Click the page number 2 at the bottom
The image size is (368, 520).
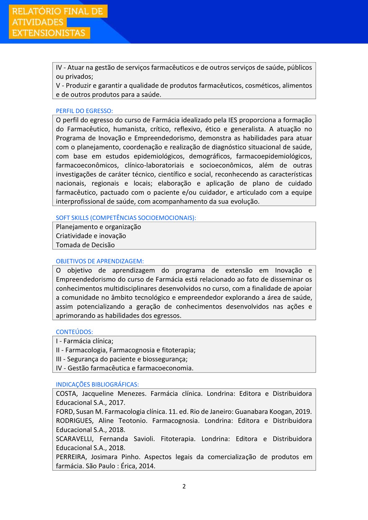pyautogui.click(x=184, y=486)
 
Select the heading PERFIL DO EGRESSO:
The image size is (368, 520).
pyautogui.click(x=84, y=111)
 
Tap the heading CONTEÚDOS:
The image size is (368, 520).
pyautogui.click(x=74, y=332)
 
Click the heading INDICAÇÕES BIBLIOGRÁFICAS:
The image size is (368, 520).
pyautogui.click(x=97, y=384)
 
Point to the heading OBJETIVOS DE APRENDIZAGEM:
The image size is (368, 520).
pyautogui.click(x=100, y=261)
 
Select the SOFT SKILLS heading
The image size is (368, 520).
pyautogui.click(x=126, y=218)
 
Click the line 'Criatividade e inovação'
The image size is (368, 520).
pyautogui.click(x=91, y=236)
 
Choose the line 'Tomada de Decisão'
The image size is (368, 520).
pyautogui.click(x=85, y=245)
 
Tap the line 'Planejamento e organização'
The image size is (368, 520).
pyautogui.click(x=98, y=227)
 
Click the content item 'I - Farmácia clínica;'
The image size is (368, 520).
pyautogui.click(x=84, y=341)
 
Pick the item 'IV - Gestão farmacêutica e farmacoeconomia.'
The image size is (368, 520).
pyautogui.click(x=124, y=368)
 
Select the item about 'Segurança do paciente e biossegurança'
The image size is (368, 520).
pyautogui.click(x=122, y=359)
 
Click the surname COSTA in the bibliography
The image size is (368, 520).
pyautogui.click(x=66, y=394)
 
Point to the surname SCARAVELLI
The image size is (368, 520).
pyautogui.click(x=75, y=439)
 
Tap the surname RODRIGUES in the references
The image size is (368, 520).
pyautogui.click(x=74, y=421)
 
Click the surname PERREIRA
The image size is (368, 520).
pyautogui.click(x=71, y=457)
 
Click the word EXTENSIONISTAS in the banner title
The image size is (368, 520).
pyautogui.click(x=49, y=33)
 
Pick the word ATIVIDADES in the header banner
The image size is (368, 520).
pyautogui.click(x=38, y=22)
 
